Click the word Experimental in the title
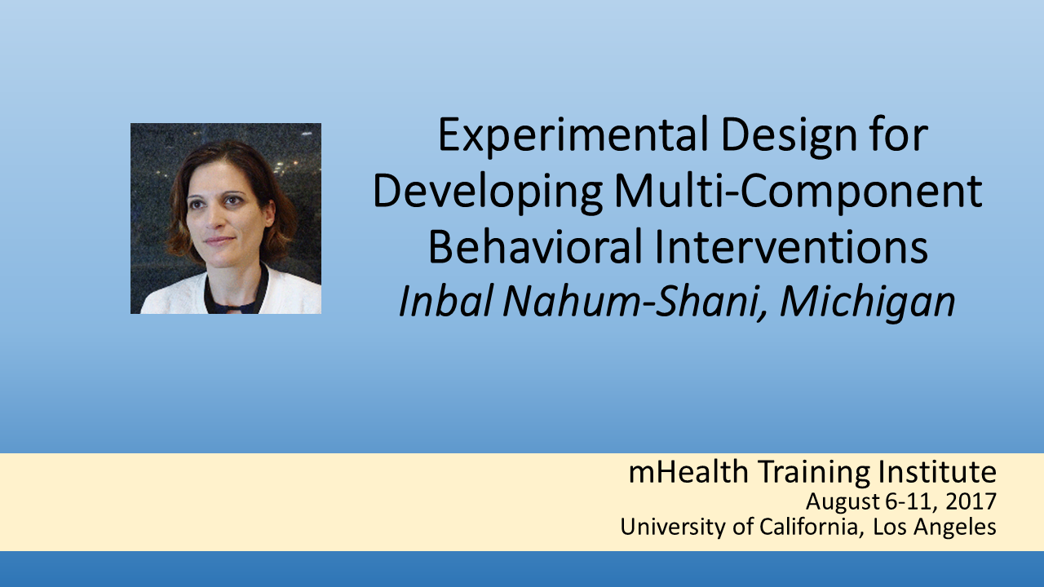[x=573, y=135]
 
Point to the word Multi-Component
[x=798, y=192]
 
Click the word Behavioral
[x=535, y=247]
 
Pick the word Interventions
[x=792, y=247]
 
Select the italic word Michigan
[x=868, y=302]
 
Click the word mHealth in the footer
[x=688, y=471]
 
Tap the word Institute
[x=938, y=471]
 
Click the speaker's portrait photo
[x=226, y=218]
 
